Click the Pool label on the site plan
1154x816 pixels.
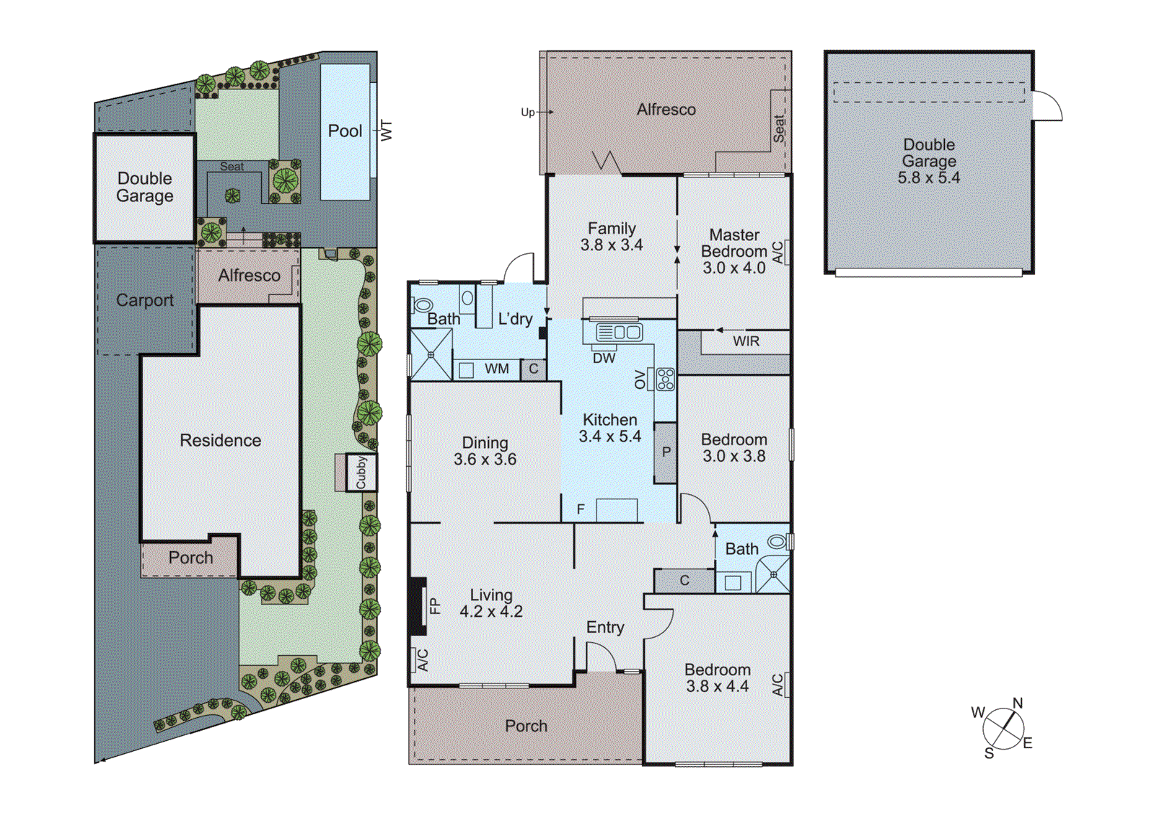pyautogui.click(x=345, y=131)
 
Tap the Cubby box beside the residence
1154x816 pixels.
pyautogui.click(x=361, y=473)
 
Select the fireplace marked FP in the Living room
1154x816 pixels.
pyautogui.click(x=418, y=606)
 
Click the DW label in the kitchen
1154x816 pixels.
pyautogui.click(x=604, y=358)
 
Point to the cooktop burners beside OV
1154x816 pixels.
pyautogui.click(x=665, y=380)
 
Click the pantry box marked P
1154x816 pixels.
pyautogui.click(x=666, y=452)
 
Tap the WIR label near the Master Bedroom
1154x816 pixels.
pyautogui.click(x=746, y=341)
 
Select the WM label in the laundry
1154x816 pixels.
pyautogui.click(x=496, y=369)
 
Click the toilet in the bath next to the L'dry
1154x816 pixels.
pyautogui.click(x=423, y=304)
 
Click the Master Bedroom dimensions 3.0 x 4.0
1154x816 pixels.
pyautogui.click(x=734, y=268)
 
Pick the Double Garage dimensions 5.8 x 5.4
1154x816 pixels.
pyautogui.click(x=928, y=178)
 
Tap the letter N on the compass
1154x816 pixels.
pyautogui.click(x=1018, y=703)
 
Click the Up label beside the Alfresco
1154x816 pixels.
pyautogui.click(x=528, y=112)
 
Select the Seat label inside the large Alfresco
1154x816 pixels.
pyautogui.click(x=779, y=128)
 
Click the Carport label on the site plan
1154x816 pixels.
pyautogui.click(x=145, y=300)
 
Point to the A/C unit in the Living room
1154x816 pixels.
pyautogui.click(x=423, y=659)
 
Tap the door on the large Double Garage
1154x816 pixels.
pyautogui.click(x=1048, y=106)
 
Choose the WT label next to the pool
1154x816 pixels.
pyautogui.click(x=387, y=131)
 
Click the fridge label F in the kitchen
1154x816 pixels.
pyautogui.click(x=581, y=509)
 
